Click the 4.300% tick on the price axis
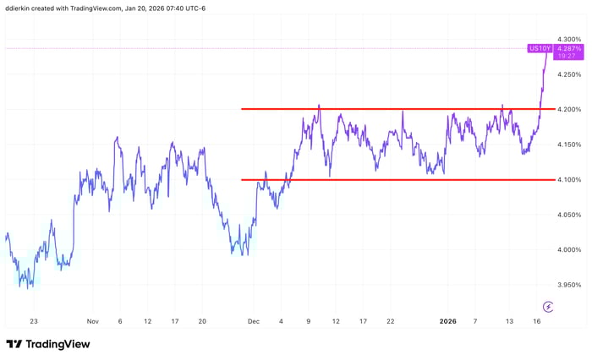point(569,39)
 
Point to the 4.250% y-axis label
point(569,74)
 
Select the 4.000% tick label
point(569,250)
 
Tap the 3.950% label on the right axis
point(569,286)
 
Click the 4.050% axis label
point(569,215)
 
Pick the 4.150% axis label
point(569,145)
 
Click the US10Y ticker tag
point(540,49)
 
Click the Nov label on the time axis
point(93,322)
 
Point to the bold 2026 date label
point(449,322)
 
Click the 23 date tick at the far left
point(34,322)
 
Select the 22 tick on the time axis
point(390,322)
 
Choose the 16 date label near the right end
point(537,322)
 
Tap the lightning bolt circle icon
point(549,306)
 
